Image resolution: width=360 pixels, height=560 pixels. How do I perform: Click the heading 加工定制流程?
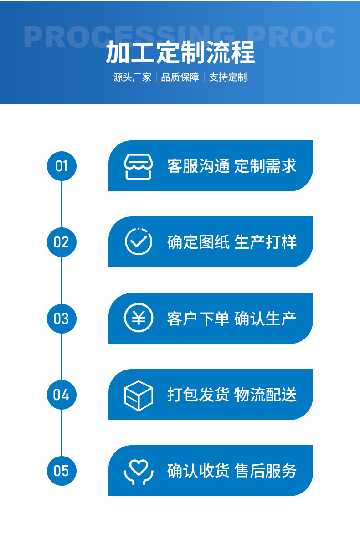180,53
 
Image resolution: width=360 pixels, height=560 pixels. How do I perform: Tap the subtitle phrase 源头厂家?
132,77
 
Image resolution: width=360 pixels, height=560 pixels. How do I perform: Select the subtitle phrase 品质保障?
180,77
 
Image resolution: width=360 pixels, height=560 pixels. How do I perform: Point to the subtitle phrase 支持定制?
228,77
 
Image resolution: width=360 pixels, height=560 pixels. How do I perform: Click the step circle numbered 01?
62,166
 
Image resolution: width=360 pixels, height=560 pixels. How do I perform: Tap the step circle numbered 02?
62,242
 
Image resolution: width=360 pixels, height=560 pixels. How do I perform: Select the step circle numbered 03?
62,319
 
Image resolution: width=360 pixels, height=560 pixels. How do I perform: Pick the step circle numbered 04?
62,395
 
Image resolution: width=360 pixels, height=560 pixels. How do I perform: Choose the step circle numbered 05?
62,471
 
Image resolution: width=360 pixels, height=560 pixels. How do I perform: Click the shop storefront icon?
139,166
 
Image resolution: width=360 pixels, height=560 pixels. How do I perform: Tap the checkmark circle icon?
139,242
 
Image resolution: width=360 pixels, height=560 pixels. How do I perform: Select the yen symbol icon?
139,318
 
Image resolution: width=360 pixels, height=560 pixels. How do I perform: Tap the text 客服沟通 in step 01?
198,166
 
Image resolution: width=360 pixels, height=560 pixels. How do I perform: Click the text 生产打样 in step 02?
265,242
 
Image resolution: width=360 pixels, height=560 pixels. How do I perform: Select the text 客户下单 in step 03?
198,319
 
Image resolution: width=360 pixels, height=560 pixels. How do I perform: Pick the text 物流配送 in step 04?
265,395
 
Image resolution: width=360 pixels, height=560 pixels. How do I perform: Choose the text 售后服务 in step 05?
265,471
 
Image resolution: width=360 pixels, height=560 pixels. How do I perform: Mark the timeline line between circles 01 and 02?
62,204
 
